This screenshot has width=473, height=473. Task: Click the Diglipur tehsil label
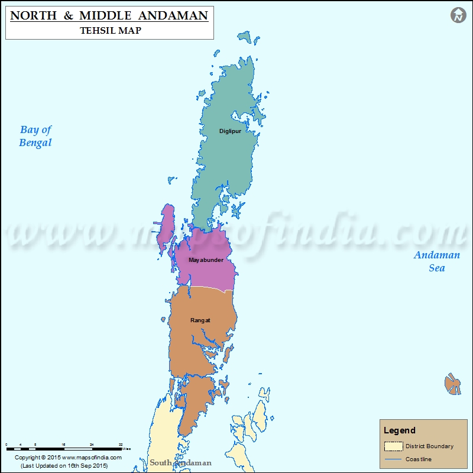(x=230, y=131)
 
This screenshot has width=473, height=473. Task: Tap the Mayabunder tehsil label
(x=206, y=260)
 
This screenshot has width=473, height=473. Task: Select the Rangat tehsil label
(x=200, y=320)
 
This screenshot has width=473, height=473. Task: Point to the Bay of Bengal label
(x=35, y=136)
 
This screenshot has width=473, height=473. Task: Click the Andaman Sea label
(x=436, y=261)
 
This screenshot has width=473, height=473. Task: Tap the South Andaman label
(x=180, y=462)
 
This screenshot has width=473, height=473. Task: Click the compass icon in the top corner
(x=458, y=15)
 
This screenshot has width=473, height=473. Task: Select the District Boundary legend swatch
(x=393, y=446)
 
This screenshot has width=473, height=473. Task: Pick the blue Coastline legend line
(x=393, y=459)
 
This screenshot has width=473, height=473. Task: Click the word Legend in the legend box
(x=400, y=430)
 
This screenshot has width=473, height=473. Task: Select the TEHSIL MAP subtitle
(x=111, y=30)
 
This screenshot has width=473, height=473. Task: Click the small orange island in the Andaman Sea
(x=453, y=384)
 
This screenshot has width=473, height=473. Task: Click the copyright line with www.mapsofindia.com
(x=68, y=458)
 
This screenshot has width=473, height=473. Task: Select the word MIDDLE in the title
(x=111, y=15)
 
